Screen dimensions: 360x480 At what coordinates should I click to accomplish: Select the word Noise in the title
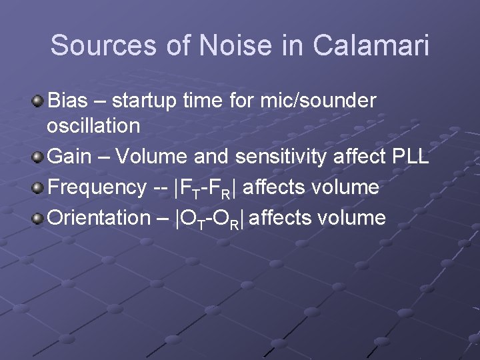(x=235, y=46)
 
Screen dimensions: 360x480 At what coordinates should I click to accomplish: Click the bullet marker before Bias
(x=39, y=101)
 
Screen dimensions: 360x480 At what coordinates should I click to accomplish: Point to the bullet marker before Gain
(x=39, y=157)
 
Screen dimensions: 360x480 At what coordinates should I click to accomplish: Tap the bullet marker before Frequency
(x=39, y=187)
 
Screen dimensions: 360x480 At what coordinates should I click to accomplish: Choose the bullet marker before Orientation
(x=39, y=218)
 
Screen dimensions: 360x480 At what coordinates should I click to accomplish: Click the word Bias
(x=67, y=101)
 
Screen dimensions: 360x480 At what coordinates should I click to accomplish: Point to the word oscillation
(x=93, y=125)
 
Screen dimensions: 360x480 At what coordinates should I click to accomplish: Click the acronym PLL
(x=411, y=157)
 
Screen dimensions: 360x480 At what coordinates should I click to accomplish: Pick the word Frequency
(x=97, y=187)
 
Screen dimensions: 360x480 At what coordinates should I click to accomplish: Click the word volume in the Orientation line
(x=351, y=217)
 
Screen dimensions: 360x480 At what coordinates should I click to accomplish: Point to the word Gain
(x=70, y=157)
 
